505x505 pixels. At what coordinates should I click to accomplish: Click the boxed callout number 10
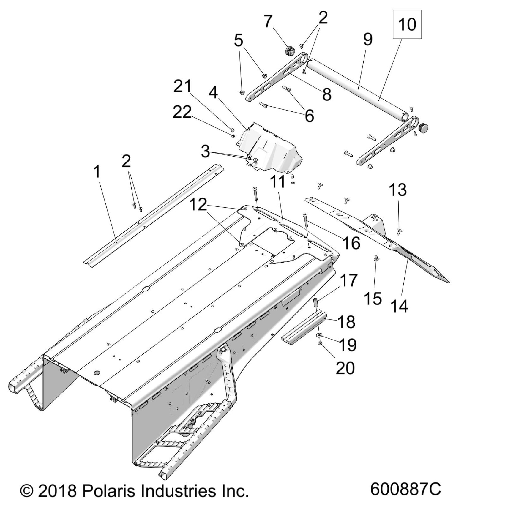point(407,24)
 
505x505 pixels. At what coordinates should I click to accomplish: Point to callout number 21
point(182,87)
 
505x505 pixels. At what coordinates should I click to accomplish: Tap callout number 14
point(399,306)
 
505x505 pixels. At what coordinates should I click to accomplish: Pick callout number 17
point(348,280)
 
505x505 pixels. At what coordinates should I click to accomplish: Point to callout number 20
point(345,368)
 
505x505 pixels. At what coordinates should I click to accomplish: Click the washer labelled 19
point(318,335)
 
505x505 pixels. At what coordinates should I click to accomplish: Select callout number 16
point(351,243)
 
